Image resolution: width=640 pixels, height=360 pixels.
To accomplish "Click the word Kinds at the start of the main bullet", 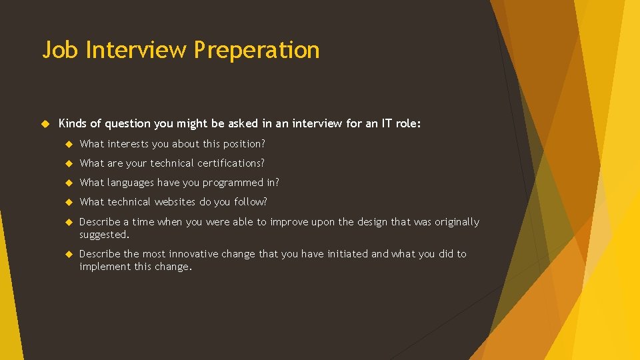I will [x=73, y=123].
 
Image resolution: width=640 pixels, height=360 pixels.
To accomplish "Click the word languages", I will [x=131, y=183].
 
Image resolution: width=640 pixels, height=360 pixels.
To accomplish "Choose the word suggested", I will [x=103, y=235].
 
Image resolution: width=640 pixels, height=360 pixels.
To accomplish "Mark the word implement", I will [x=104, y=267].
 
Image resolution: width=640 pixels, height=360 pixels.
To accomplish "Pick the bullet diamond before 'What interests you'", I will [x=68, y=144].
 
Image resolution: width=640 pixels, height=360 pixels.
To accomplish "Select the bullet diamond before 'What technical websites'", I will [x=68, y=202].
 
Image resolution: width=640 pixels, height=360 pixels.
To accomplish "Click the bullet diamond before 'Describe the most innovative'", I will [x=68, y=254].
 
